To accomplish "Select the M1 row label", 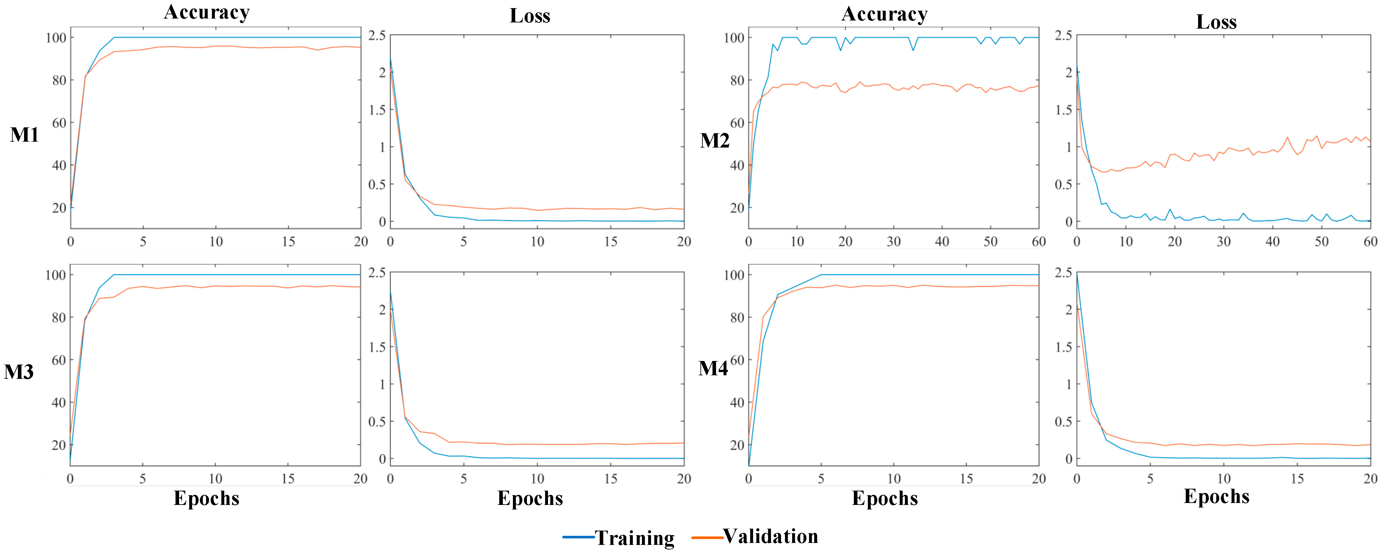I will coord(24,135).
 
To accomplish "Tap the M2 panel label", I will coord(714,141).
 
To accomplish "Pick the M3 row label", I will coord(19,372).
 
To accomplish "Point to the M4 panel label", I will coord(713,368).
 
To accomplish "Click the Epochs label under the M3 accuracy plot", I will coord(206,498).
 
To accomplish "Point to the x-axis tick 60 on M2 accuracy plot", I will coord(1038,242).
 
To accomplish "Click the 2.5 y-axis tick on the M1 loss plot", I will coord(377,35).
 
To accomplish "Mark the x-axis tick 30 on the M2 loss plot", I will coord(1223,242).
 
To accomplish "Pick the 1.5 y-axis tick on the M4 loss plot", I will coord(1063,347).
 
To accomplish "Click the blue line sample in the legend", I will coord(578,537).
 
